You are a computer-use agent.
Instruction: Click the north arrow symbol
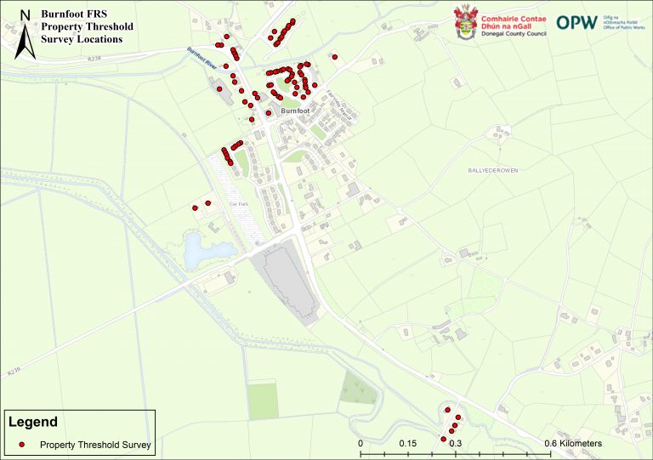tap(26, 34)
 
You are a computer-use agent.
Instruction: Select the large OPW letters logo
tap(576, 22)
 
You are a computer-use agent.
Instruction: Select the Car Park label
tap(237, 204)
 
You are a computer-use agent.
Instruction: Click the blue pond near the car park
tap(199, 249)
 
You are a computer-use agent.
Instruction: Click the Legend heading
tap(34, 422)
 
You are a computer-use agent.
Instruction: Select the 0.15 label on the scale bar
tap(407, 444)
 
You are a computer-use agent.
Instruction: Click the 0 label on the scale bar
tap(361, 444)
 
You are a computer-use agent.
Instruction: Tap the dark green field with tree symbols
tap(359, 388)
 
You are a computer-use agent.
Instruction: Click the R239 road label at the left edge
tap(12, 372)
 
